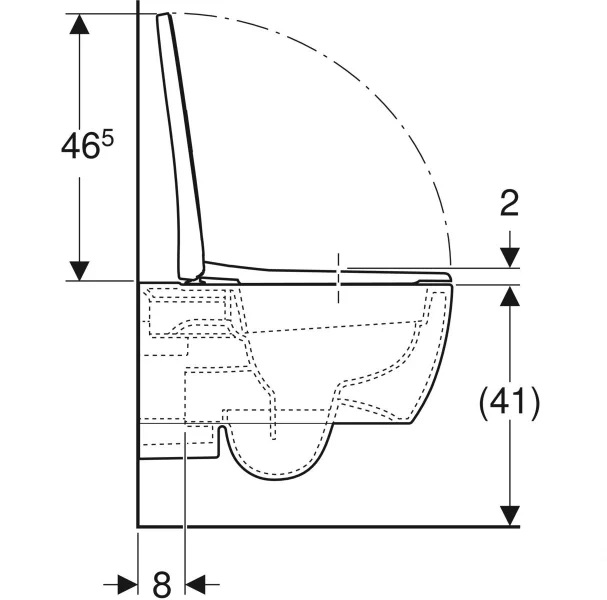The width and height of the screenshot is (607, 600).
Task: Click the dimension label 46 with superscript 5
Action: [87, 145]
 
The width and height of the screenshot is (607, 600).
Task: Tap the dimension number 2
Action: [509, 204]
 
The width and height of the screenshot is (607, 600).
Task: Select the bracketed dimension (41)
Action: [509, 403]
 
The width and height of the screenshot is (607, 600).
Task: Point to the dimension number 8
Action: [161, 584]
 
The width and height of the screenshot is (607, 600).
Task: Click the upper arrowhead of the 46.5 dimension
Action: [79, 24]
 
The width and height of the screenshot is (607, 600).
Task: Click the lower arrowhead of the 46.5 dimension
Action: [79, 271]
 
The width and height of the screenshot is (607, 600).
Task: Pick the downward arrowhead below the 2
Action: [510, 258]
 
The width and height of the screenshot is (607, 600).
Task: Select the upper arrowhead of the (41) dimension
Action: [510, 296]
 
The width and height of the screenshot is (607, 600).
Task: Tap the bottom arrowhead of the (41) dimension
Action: [510, 516]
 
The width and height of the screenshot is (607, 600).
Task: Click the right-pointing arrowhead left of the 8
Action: [127, 585]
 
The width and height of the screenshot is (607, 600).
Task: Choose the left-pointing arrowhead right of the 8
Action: [195, 585]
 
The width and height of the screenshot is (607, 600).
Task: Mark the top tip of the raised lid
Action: [163, 14]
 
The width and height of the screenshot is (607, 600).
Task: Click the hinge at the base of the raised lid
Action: [192, 279]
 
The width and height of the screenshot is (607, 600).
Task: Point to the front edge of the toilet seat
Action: [448, 277]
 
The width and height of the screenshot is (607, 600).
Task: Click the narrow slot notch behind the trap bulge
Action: [222, 441]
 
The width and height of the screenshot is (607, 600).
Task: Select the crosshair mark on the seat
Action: [339, 278]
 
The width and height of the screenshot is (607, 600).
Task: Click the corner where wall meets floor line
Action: [138, 526]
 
